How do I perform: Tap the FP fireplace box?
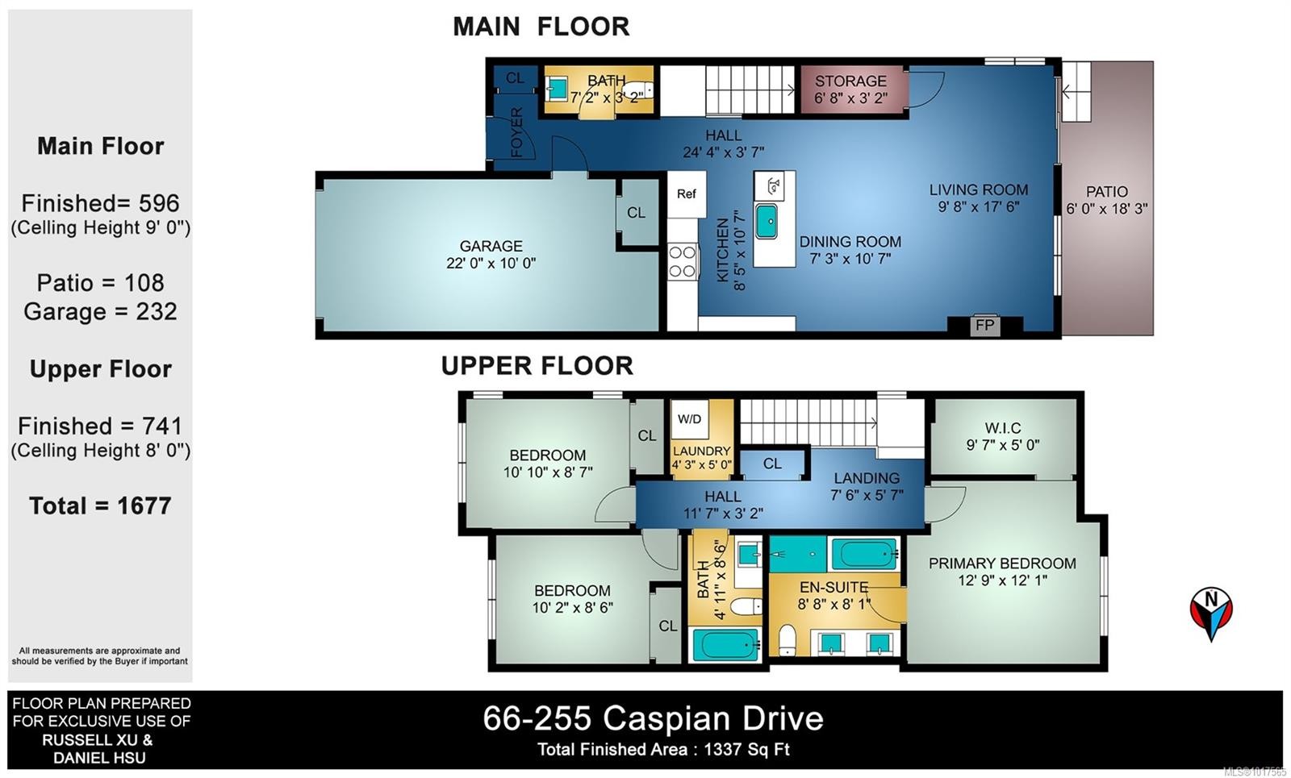(984, 326)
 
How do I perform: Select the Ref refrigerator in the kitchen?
(687, 194)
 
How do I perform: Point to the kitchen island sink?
(767, 221)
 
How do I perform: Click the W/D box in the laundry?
(690, 419)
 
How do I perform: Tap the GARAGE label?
(491, 246)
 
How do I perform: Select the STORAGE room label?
(850, 81)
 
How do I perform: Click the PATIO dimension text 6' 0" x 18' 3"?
(1106, 209)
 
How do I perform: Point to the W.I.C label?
(1003, 428)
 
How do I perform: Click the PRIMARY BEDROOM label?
(1002, 564)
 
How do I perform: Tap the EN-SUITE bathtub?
(864, 555)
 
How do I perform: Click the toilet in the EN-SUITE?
(787, 641)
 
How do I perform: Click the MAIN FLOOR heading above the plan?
(541, 27)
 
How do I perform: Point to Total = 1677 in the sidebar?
(100, 505)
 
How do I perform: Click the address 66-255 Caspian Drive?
(653, 718)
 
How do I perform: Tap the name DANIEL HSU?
(99, 758)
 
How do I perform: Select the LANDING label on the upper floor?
(866, 478)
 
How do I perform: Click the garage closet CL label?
(636, 213)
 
